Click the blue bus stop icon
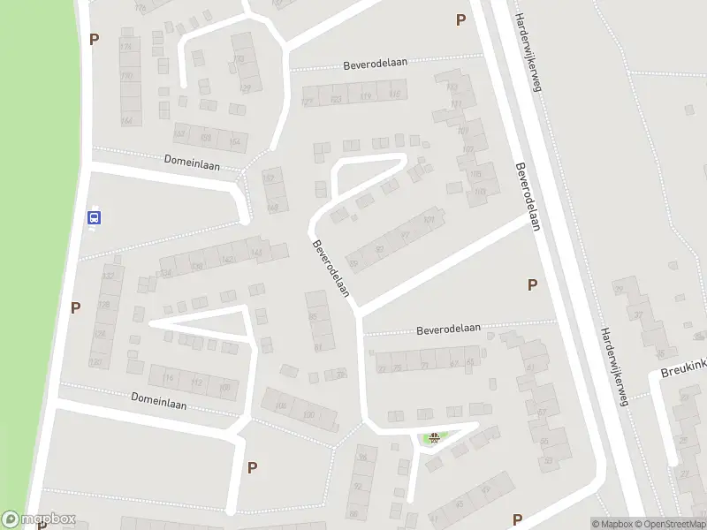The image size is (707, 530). click(95, 217)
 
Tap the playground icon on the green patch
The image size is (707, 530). click(434, 437)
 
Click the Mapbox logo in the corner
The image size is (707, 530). click(39, 519)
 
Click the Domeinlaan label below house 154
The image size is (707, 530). click(191, 163)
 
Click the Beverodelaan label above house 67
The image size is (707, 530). click(448, 329)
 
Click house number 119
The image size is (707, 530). click(366, 96)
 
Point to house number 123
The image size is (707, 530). click(336, 99)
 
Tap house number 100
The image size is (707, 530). click(308, 415)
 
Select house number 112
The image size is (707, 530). click(197, 382)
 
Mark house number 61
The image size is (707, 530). click(530, 367)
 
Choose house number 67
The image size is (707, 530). click(454, 364)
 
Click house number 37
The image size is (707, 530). click(639, 314)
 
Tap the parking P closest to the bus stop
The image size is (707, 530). click(76, 307)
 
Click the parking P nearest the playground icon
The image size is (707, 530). click(517, 519)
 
